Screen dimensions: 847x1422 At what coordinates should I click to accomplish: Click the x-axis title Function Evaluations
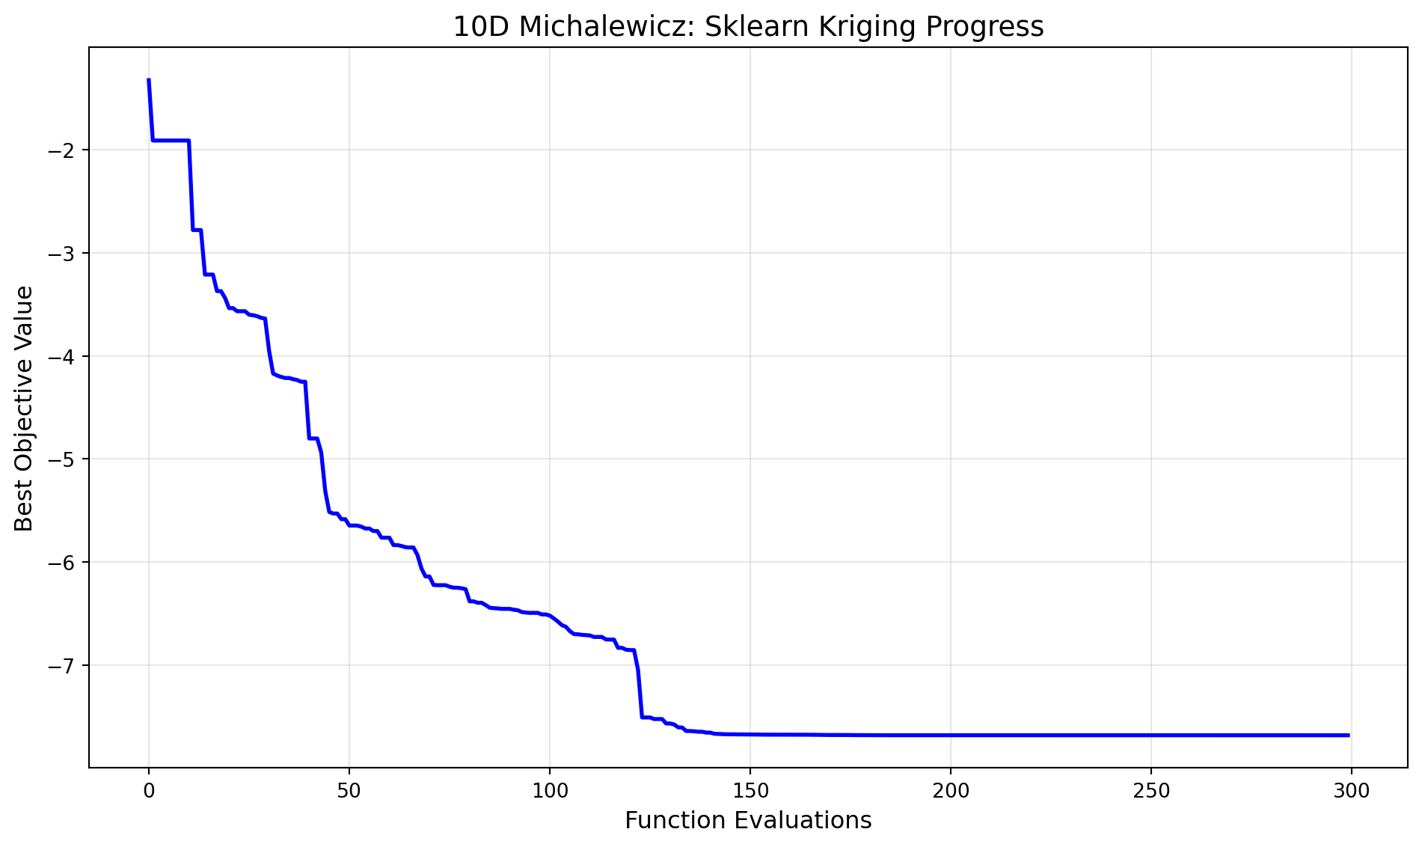(748, 821)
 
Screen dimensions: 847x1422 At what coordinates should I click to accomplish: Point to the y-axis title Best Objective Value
(25, 409)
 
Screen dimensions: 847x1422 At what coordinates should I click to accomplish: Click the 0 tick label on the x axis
(149, 792)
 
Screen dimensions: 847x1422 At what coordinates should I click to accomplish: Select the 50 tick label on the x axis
(349, 792)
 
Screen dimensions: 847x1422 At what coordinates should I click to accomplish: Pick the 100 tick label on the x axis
(549, 792)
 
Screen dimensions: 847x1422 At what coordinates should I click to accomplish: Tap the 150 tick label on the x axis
(750, 792)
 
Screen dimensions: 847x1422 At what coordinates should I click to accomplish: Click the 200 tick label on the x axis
(950, 792)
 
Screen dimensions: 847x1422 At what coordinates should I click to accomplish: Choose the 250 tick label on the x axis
(1150, 792)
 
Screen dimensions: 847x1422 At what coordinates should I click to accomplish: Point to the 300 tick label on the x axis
(1350, 792)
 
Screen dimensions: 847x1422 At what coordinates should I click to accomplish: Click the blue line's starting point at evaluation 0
(149, 79)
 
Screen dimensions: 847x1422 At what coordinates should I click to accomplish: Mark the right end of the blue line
(1348, 735)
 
